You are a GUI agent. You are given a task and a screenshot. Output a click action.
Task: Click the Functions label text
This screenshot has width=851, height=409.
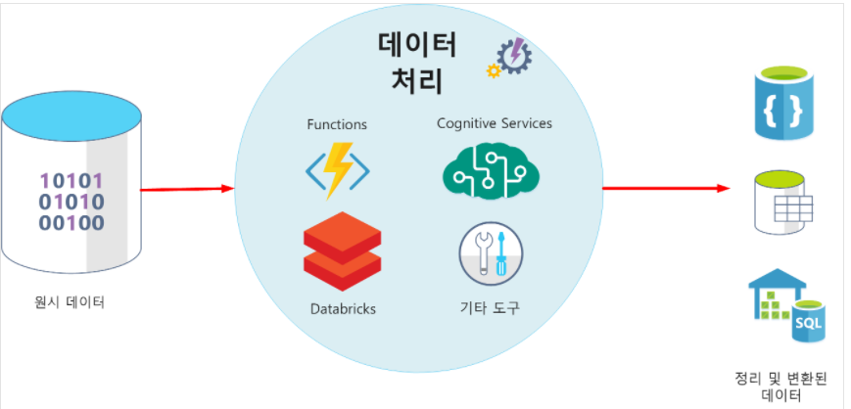(337, 124)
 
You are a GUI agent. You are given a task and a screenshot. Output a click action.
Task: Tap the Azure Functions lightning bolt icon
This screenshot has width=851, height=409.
(338, 170)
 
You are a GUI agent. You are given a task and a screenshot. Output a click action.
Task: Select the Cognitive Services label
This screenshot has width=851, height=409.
(494, 123)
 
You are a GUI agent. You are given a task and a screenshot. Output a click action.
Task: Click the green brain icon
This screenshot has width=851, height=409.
(491, 170)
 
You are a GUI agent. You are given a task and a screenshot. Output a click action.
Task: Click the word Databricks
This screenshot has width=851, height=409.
(342, 308)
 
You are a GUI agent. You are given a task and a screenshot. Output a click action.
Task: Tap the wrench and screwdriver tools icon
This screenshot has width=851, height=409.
(491, 252)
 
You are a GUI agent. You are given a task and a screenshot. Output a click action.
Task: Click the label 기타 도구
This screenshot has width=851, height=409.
(490, 308)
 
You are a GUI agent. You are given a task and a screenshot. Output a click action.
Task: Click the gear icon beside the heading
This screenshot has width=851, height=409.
(510, 57)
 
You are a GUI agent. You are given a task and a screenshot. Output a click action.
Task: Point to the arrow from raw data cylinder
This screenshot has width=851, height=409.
(186, 189)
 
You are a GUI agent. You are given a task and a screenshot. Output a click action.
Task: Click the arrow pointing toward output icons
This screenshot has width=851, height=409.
(666, 188)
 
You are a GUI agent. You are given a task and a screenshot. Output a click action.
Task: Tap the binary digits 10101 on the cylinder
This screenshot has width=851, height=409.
(71, 180)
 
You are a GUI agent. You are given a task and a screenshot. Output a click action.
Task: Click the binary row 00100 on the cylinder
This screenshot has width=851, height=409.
(71, 222)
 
